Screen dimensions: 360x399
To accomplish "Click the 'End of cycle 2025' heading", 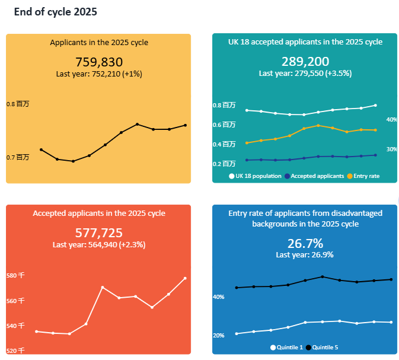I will pos(56,12).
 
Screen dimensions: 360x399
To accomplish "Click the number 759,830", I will pos(99,62).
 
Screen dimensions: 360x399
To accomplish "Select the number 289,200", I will pos(305,62).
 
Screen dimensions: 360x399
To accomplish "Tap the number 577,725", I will pos(99,232).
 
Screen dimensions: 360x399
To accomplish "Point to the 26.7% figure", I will pos(305,243).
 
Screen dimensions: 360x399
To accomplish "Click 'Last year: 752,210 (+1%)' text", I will pos(99,74).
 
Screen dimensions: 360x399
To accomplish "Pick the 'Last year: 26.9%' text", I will pos(305,254).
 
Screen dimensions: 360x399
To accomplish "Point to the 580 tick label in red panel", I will pos(15,276).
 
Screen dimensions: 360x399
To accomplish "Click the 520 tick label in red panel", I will pos(15,351).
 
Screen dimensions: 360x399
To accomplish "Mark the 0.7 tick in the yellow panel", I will pos(18,157).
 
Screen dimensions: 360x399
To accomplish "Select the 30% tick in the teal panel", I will pos(392,149).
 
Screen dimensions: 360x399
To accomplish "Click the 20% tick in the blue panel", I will pos(218,336).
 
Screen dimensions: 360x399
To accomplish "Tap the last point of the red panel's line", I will pos(185,278).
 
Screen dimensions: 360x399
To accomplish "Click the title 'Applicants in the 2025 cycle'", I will pos(99,43).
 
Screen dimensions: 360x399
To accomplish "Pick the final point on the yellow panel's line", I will pos(186,125).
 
